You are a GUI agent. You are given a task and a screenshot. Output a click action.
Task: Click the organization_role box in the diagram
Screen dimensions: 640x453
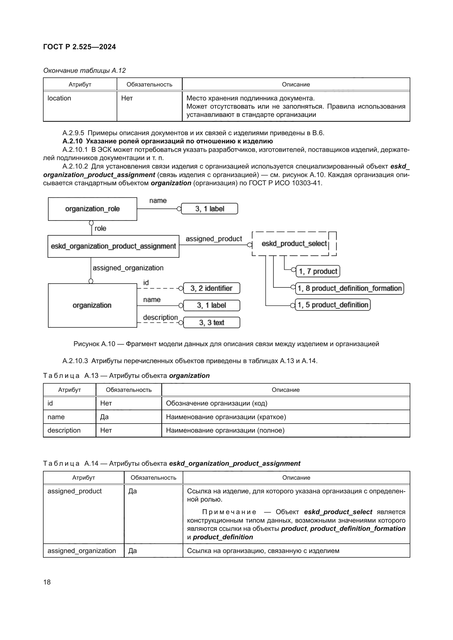pyautogui.click(x=92, y=209)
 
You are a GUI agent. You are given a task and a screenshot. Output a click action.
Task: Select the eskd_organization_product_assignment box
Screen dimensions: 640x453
pyautogui.click(x=113, y=246)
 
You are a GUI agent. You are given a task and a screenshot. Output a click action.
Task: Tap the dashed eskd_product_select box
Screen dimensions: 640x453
pyautogui.click(x=294, y=244)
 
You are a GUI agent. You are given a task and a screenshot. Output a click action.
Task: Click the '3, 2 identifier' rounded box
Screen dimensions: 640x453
pyautogui.click(x=211, y=288)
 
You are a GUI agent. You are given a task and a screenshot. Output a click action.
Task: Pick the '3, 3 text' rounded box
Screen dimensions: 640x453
pyautogui.click(x=211, y=323)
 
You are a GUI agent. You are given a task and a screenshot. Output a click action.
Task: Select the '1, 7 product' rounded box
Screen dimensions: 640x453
pyautogui.click(x=318, y=271)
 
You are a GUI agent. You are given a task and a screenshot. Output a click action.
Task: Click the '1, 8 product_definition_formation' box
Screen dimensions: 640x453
pyautogui.click(x=349, y=288)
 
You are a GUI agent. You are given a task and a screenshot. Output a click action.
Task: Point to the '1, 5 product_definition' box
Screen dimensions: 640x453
pyautogui.click(x=332, y=305)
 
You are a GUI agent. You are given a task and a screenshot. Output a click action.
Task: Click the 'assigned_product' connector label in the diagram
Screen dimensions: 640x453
pyautogui.click(x=214, y=239)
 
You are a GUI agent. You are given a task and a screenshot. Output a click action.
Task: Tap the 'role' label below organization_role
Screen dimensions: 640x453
pyautogui.click(x=100, y=228)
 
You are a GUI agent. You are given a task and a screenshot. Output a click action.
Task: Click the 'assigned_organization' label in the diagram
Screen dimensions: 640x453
pyautogui.click(x=128, y=268)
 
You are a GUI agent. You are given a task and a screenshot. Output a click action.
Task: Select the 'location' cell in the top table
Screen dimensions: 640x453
pyautogui.click(x=59, y=98)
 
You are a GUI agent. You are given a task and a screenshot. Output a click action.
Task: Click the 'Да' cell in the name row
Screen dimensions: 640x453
pyautogui.click(x=104, y=417)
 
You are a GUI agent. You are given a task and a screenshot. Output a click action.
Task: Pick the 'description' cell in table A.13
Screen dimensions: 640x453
pyautogui.click(x=64, y=430)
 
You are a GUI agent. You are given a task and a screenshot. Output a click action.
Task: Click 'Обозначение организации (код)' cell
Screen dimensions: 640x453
pyautogui.click(x=216, y=403)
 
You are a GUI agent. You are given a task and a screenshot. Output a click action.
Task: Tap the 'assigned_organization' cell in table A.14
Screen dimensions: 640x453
pyautogui.click(x=81, y=551)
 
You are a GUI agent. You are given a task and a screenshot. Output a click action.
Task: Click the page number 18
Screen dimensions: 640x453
pyautogui.click(x=47, y=582)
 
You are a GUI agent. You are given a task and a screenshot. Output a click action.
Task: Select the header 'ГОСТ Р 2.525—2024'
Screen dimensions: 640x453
pyautogui.click(x=79, y=47)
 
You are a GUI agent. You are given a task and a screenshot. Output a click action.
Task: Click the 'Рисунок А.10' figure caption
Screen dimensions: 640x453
pyautogui.click(x=226, y=344)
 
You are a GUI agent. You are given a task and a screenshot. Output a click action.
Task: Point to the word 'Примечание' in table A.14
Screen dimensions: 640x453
pyautogui.click(x=229, y=512)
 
